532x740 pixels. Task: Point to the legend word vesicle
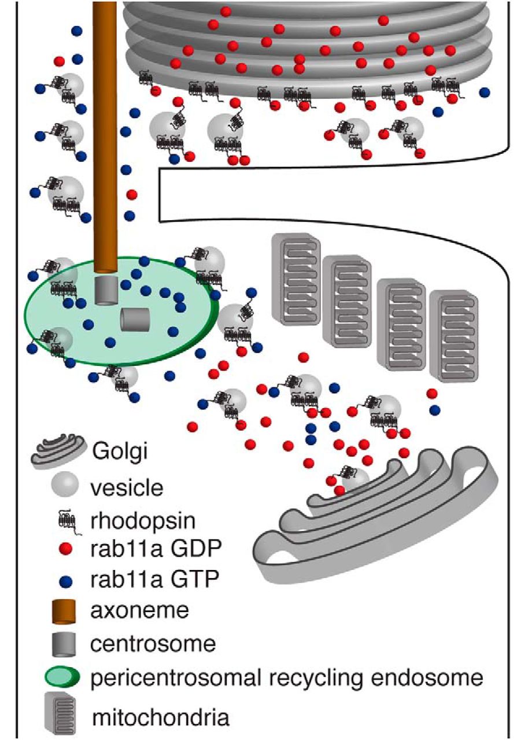tap(127, 488)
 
